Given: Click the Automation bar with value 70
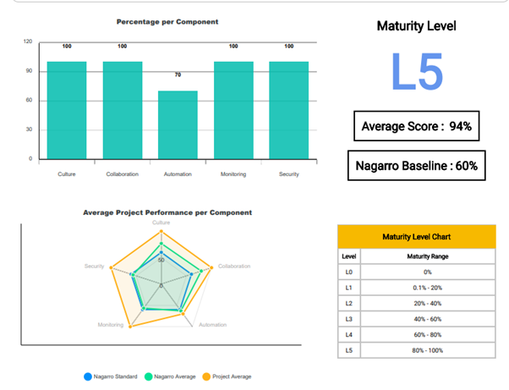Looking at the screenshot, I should (178, 124).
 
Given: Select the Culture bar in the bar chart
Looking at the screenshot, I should (67, 110).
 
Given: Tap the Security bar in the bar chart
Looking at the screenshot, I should (288, 110).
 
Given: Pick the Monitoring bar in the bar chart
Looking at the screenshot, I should (233, 110).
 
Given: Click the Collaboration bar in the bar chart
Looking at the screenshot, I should (123, 110).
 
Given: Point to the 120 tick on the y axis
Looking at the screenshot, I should (28, 41).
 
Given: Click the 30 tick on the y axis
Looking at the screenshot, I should (30, 129).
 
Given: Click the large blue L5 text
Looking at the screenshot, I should (416, 73).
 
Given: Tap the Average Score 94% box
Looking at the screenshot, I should (415, 127).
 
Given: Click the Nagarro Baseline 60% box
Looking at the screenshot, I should (415, 166).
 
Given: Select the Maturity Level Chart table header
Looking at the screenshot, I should (414, 236).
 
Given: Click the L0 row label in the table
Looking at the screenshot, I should (348, 272).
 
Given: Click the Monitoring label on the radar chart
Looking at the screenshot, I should (111, 325).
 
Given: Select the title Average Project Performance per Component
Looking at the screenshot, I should (167, 211).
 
